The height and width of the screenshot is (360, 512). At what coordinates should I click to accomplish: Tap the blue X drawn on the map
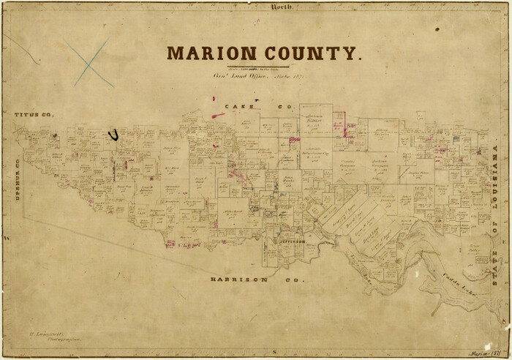89,62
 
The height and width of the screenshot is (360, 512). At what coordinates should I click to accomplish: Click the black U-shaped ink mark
113,134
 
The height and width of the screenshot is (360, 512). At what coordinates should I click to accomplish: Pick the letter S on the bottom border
272,353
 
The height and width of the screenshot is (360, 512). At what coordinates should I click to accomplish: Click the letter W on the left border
6,239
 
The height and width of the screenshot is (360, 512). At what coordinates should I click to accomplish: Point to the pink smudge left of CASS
218,115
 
